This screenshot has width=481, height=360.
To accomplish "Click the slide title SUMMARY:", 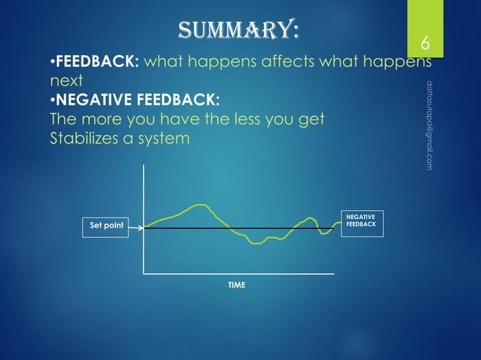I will [237, 31].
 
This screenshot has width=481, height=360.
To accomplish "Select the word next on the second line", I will [65, 81].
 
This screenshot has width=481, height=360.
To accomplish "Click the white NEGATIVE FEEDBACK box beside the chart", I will [362, 222].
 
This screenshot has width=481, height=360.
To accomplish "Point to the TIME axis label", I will [236, 285].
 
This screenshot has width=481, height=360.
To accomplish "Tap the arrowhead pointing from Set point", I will [141, 226].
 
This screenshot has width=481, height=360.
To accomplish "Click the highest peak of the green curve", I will [200, 204].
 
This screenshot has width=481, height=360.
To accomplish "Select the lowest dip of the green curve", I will [256, 243].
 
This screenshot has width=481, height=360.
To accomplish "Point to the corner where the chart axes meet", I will [143, 272].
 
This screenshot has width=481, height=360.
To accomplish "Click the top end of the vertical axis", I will [143, 165].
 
